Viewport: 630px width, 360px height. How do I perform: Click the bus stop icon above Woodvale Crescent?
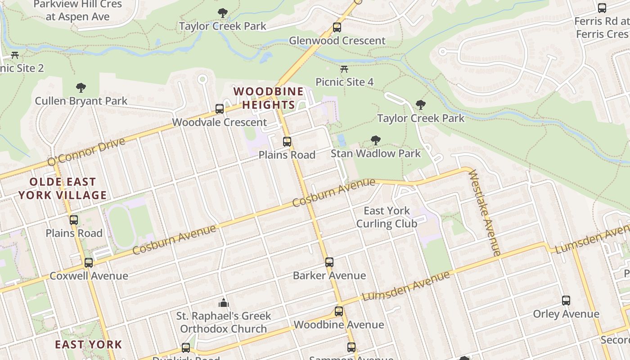tap(220, 109)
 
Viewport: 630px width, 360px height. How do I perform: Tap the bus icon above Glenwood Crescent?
tap(337, 27)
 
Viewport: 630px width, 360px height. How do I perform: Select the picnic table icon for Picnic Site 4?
tap(344, 69)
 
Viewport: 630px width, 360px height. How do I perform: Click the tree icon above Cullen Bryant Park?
tap(81, 88)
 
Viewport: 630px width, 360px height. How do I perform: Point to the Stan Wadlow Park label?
tap(376, 153)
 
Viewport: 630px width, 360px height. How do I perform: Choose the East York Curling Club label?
tap(387, 217)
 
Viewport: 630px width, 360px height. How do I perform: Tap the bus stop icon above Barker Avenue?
tap(329, 262)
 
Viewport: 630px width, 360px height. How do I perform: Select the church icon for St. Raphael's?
tap(224, 303)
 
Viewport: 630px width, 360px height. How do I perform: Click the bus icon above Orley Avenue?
tap(566, 301)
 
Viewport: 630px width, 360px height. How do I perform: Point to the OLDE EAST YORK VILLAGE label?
tap(63, 189)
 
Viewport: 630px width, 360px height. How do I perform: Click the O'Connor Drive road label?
tap(86, 151)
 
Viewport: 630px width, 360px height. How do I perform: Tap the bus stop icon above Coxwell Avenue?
tap(89, 263)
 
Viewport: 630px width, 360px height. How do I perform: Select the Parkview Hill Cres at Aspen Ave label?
tap(77, 10)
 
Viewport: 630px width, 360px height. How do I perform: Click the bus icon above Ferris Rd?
tap(602, 8)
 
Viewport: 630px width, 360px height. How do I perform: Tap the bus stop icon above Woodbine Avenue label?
tap(339, 311)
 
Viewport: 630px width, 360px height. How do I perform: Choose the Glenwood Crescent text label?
tap(337, 40)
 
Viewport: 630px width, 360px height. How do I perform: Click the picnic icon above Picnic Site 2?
tap(15, 55)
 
